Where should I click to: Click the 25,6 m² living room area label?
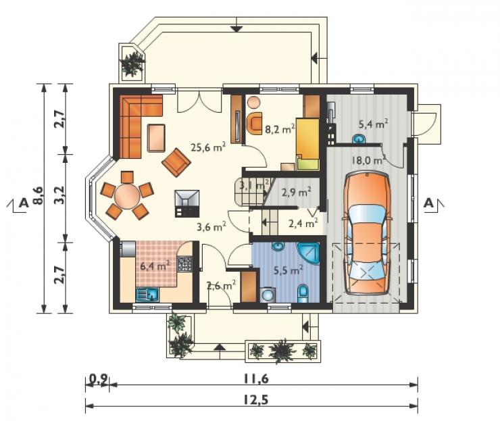(208, 147)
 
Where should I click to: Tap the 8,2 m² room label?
(280, 129)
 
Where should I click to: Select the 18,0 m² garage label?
(369, 159)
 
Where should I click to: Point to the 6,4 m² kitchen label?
(155, 266)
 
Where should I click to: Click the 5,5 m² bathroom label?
(289, 270)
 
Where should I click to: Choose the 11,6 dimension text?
(256, 378)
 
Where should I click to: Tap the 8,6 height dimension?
(38, 195)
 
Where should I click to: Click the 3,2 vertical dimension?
(59, 195)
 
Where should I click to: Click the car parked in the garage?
(367, 233)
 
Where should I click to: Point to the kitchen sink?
(147, 295)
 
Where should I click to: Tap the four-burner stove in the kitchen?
(184, 264)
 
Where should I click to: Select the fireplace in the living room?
(187, 204)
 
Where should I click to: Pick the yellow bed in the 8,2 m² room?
(307, 143)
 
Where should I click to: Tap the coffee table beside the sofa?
(156, 138)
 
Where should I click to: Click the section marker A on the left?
(23, 202)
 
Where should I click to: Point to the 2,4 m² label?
(303, 223)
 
